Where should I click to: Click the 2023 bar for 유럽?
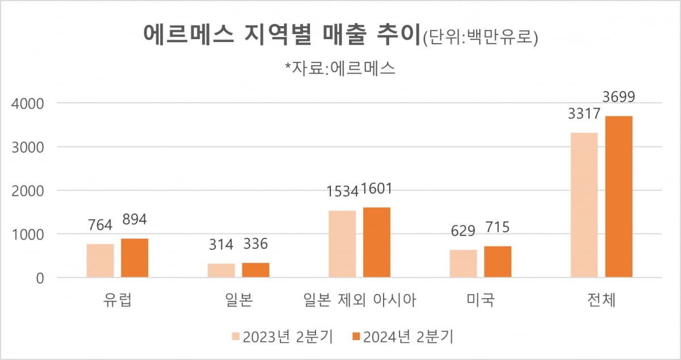(x=100, y=261)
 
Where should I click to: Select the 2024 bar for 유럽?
(x=134, y=258)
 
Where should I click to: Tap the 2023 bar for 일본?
(x=221, y=270)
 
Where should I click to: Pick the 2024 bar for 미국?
(x=498, y=262)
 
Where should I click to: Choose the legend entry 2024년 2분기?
(x=402, y=337)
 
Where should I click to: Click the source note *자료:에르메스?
(x=340, y=68)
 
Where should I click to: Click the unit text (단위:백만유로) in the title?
(x=480, y=38)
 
